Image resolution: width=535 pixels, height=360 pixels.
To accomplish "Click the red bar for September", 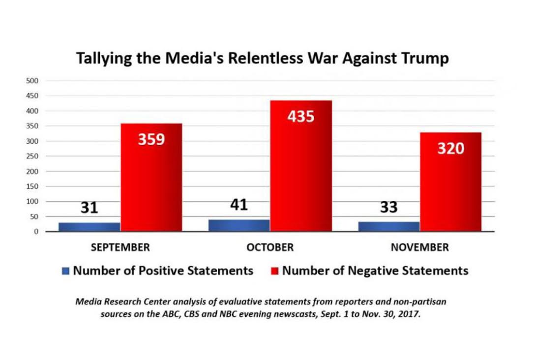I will tap(151, 177).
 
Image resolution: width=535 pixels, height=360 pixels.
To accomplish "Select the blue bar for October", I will tap(239, 226).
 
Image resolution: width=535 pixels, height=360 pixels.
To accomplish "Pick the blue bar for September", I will tap(89, 227).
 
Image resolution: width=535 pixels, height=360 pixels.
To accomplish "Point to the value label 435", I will tap(301, 117).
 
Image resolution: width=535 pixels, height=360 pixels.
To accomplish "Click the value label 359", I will tap(151, 140).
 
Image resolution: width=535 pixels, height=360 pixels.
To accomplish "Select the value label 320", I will tap(450, 148).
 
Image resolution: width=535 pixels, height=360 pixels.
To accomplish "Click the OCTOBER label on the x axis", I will tap(270, 247).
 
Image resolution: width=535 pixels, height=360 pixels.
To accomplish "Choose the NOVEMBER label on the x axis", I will tap(419, 247).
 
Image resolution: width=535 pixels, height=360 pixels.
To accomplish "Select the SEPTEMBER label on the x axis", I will tap(120, 247).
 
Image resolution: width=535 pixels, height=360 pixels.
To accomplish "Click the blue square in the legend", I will tap(66, 270).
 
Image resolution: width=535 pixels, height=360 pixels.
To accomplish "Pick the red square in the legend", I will tap(275, 270).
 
